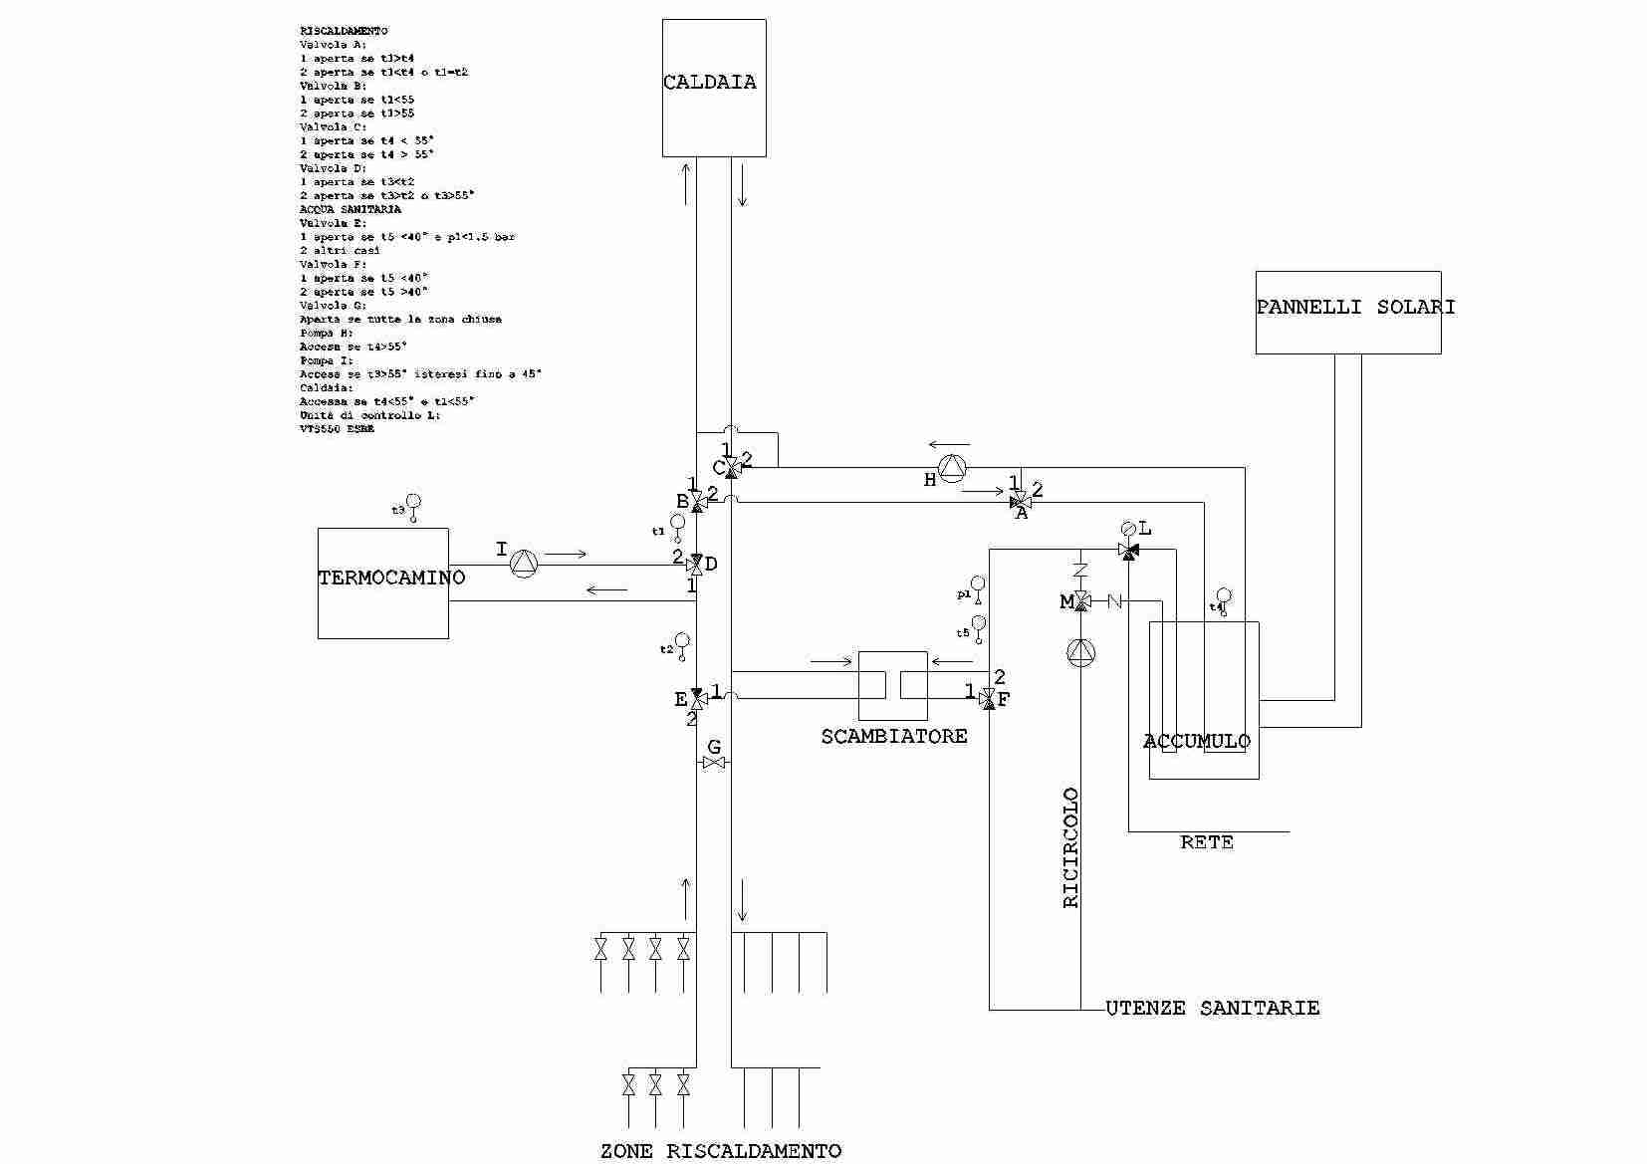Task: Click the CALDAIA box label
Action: [710, 83]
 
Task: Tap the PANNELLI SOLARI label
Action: [1355, 308]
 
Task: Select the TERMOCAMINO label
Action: [391, 578]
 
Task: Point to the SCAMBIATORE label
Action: [894, 737]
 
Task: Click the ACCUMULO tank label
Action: [1196, 742]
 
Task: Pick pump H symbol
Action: [953, 468]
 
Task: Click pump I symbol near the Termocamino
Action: [524, 565]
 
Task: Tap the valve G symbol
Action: [714, 763]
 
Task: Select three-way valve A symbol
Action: [1021, 501]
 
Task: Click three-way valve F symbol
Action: [988, 699]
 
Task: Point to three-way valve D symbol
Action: [697, 565]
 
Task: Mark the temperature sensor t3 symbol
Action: [413, 505]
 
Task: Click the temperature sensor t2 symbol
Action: [682, 643]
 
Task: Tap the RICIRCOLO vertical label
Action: [1071, 848]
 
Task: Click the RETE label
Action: [1207, 843]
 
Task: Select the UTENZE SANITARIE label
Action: [1213, 1009]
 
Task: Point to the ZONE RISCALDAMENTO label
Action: [721, 1152]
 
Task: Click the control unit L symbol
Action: [1128, 529]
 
